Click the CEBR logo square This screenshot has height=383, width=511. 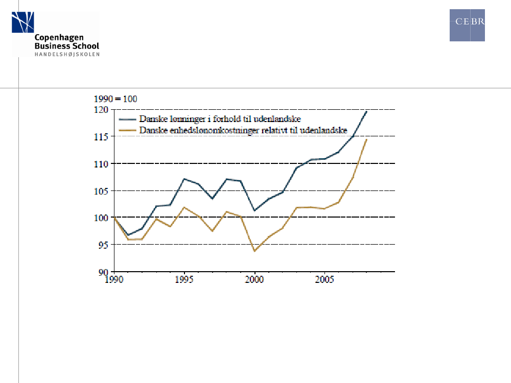pyautogui.click(x=467, y=25)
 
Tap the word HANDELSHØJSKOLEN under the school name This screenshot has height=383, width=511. pyautogui.click(x=67, y=54)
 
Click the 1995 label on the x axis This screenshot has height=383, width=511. pyautogui.click(x=185, y=279)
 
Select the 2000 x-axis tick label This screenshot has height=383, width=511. pyautogui.click(x=255, y=279)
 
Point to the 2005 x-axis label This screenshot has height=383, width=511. pyautogui.click(x=325, y=279)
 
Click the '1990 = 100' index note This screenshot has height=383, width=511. pyautogui.click(x=114, y=99)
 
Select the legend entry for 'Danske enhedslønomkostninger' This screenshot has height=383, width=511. pyautogui.click(x=243, y=130)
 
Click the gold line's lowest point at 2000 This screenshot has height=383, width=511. pyautogui.click(x=254, y=251)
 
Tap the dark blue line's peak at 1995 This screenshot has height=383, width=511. pyautogui.click(x=184, y=179)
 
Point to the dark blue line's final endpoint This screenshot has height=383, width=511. pyautogui.click(x=366, y=111)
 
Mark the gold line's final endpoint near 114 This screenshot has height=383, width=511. pyautogui.click(x=366, y=139)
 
